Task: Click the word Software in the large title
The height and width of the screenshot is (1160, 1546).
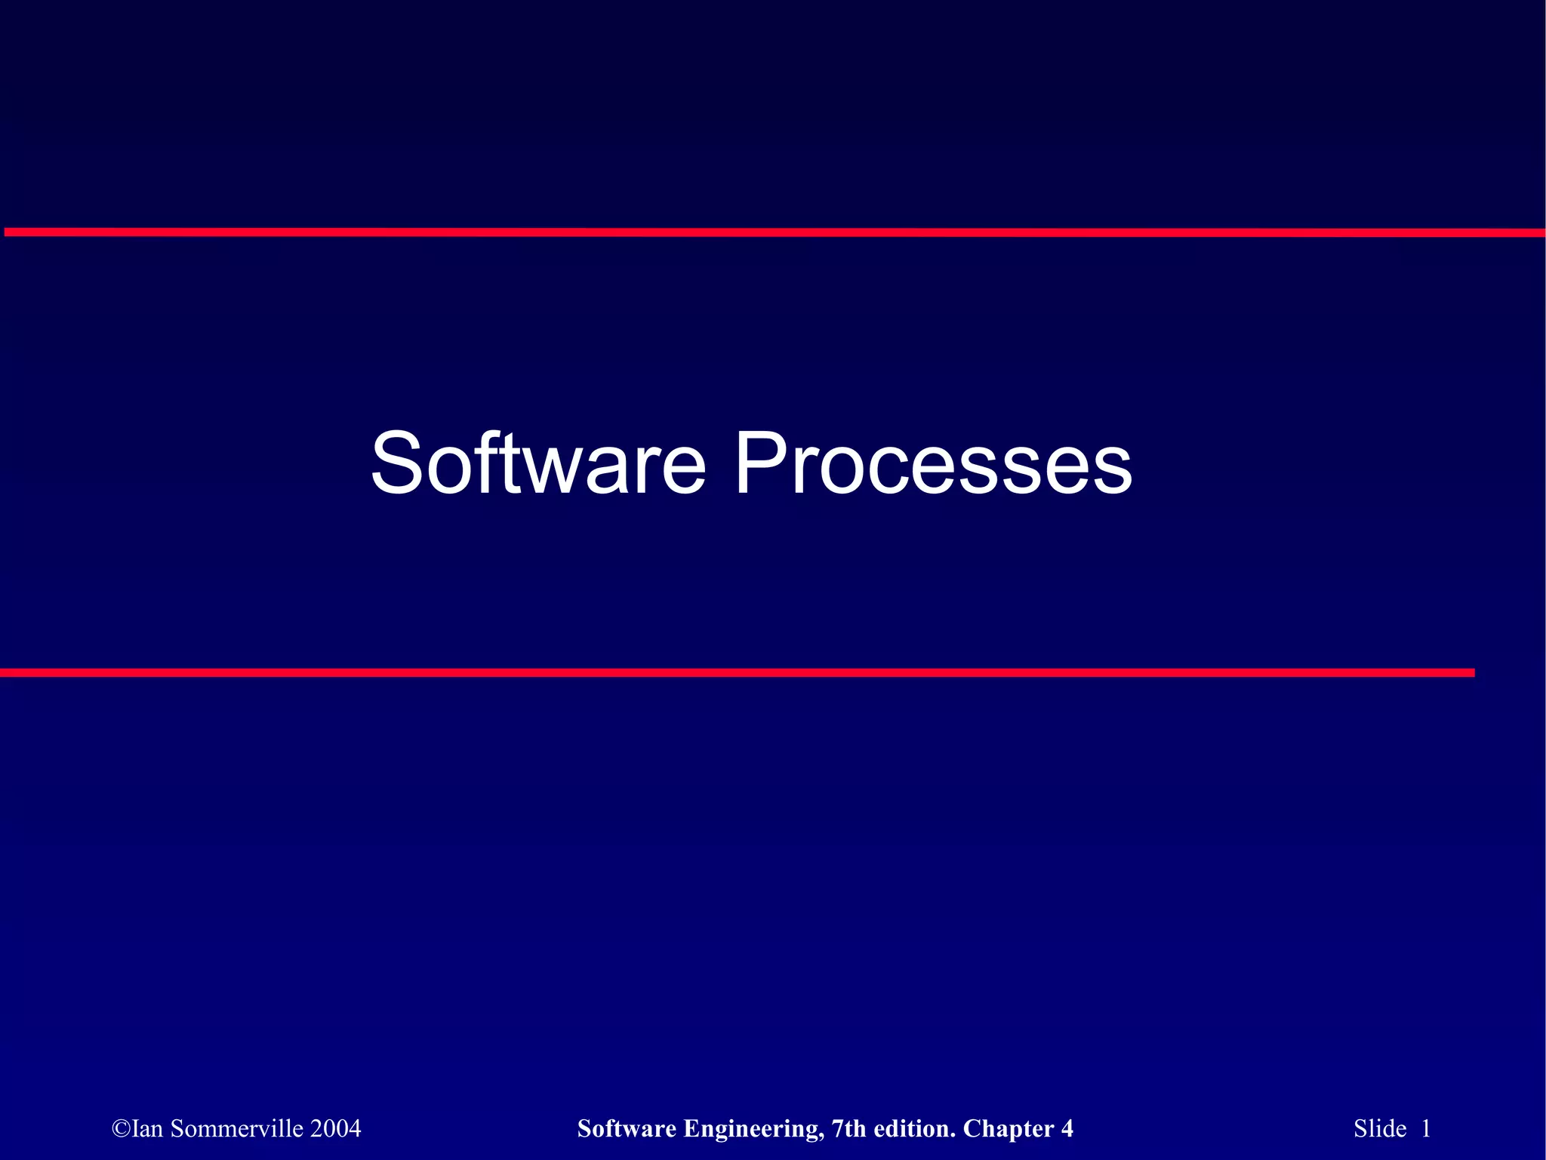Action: point(537,463)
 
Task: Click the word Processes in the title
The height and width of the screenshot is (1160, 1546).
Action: point(933,463)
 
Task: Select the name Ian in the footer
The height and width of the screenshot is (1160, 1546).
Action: point(148,1128)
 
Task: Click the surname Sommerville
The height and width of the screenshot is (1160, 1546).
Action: point(237,1128)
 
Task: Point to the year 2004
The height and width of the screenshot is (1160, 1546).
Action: point(336,1128)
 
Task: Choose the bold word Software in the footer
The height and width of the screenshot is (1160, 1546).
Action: point(627,1128)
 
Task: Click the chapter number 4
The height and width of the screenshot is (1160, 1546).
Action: point(1067,1128)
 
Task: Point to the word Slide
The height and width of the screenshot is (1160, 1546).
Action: point(1380,1128)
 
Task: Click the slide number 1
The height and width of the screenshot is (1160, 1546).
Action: point(1426,1128)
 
